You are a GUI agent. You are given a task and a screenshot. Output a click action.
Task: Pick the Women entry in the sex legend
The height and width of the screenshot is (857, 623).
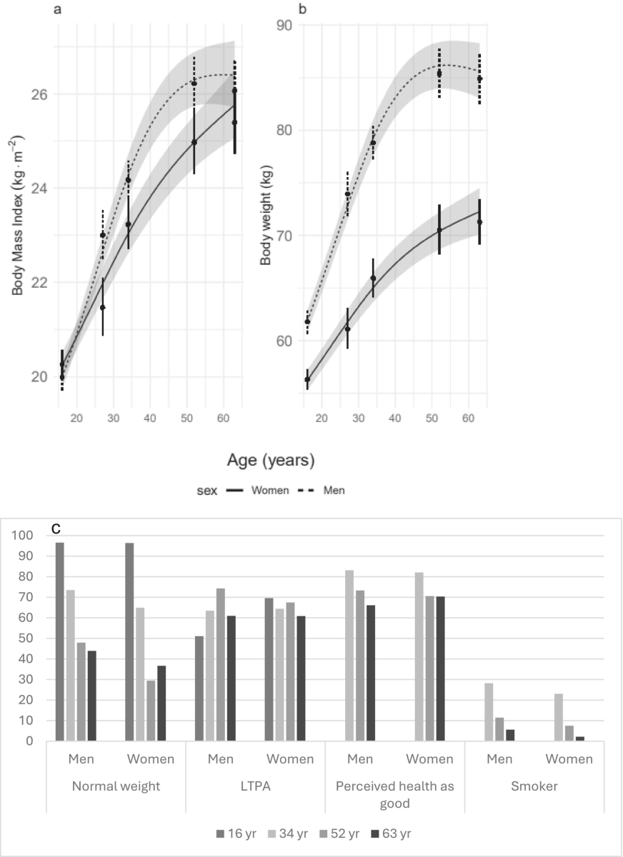(x=269, y=491)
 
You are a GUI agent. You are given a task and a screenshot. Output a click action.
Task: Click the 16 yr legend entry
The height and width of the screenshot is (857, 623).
(x=237, y=833)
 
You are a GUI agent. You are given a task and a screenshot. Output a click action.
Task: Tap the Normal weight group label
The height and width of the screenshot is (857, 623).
(x=116, y=786)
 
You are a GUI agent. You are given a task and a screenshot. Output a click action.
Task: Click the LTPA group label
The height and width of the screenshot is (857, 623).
(x=255, y=786)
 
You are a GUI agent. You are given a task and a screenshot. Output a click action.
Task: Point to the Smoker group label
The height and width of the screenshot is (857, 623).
(x=534, y=786)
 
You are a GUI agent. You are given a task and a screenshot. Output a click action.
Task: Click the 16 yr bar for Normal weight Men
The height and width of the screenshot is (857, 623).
(x=60, y=642)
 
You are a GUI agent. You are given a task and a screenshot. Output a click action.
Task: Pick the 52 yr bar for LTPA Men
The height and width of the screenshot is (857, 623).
(x=220, y=665)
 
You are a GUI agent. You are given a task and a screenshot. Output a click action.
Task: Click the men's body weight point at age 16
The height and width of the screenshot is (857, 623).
(x=307, y=321)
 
